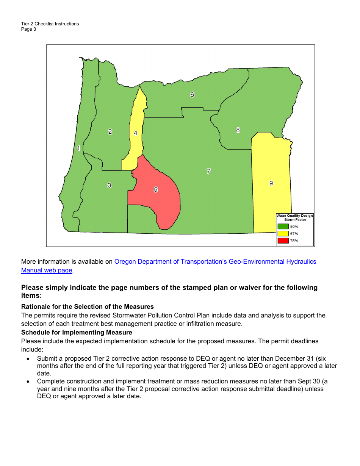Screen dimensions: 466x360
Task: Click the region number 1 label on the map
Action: pyautogui.click(x=78, y=149)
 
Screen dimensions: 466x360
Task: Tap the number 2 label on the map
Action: pyautogui.click(x=110, y=132)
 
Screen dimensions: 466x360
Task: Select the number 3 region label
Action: pyautogui.click(x=109, y=185)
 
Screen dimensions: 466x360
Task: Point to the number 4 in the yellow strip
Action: pyautogui.click(x=135, y=133)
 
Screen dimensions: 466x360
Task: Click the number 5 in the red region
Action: pyautogui.click(x=156, y=190)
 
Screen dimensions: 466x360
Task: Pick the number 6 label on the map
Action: pyautogui.click(x=192, y=95)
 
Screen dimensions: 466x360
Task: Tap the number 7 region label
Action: pyautogui.click(x=208, y=171)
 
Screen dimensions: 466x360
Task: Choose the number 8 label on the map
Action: pyautogui.click(x=238, y=130)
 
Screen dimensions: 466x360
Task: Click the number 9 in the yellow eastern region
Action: pyautogui.click(x=271, y=183)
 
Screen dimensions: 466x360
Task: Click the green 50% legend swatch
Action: pyautogui.click(x=283, y=227)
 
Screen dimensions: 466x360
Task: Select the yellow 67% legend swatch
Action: pyautogui.click(x=283, y=233)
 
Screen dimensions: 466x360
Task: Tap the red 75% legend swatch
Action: pyautogui.click(x=283, y=241)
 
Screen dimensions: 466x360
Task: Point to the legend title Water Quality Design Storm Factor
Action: pyautogui.click(x=295, y=217)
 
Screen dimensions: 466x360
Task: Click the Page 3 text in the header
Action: pyautogui.click(x=29, y=29)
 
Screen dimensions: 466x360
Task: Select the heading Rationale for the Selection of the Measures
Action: pyautogui.click(x=88, y=306)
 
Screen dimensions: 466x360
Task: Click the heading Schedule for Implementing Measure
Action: pyautogui.click(x=77, y=332)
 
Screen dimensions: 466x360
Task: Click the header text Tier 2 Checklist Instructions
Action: pyautogui.click(x=50, y=24)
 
